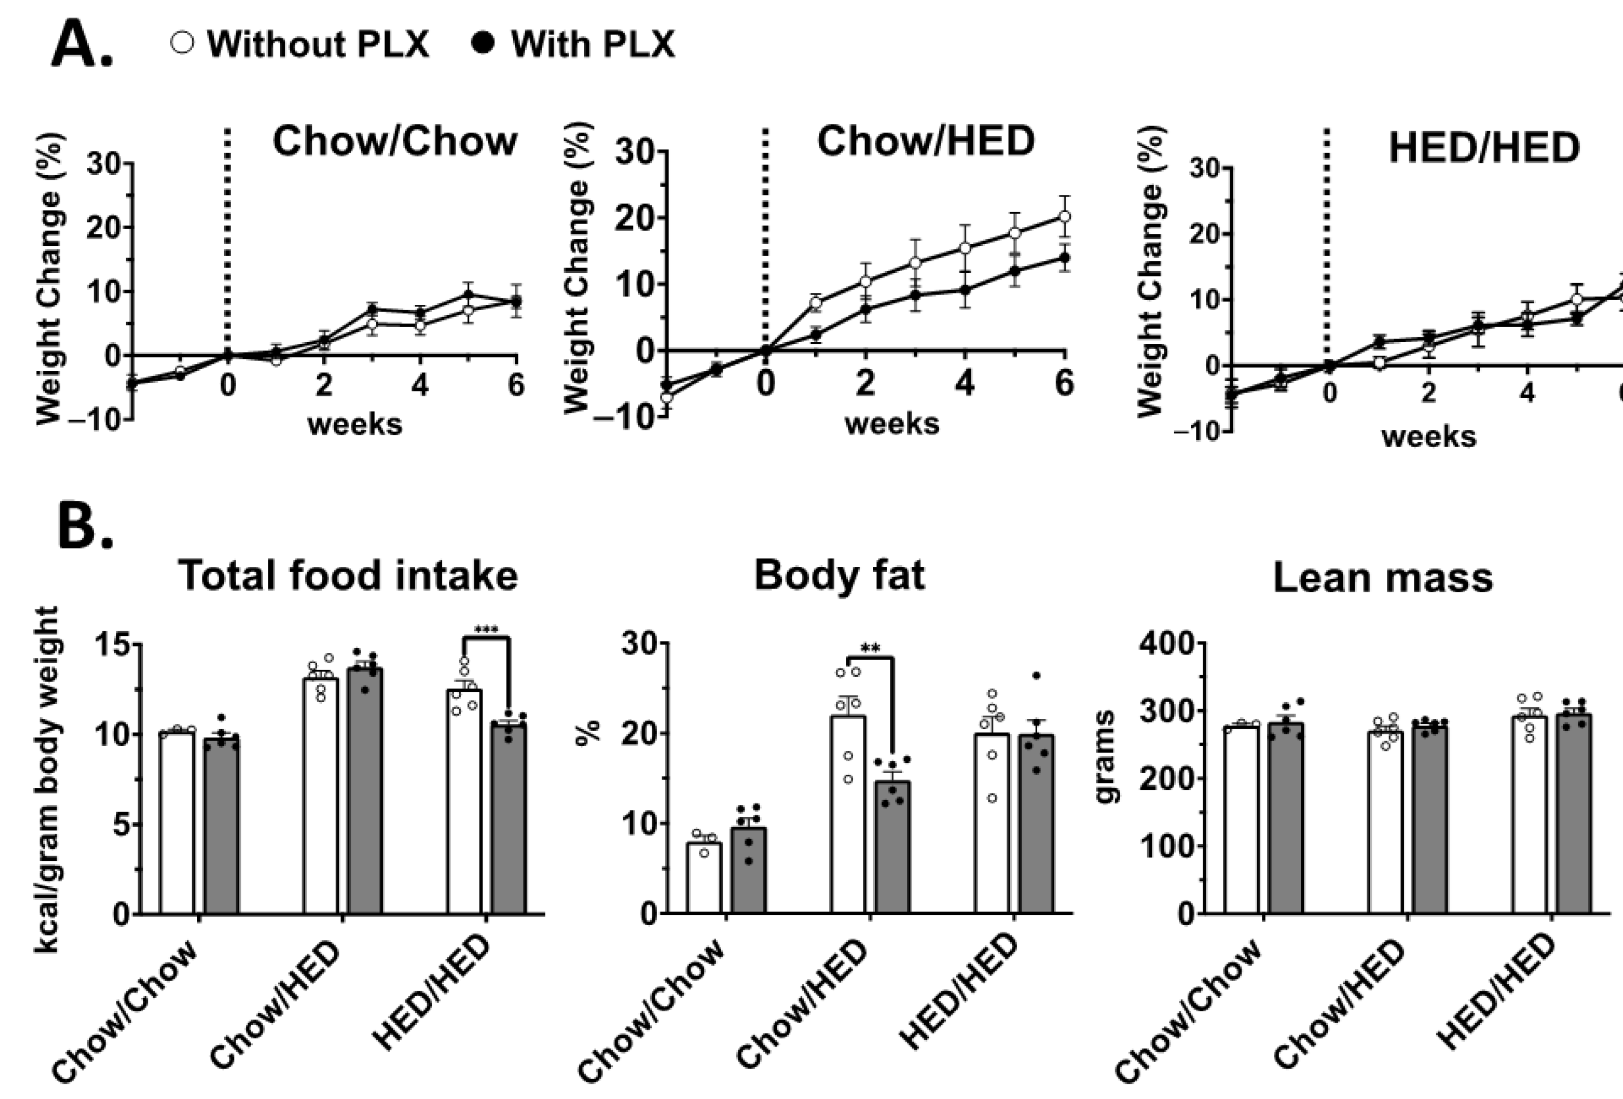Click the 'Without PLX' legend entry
(300, 44)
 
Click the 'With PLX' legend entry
(573, 44)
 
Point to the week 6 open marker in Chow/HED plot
(1064, 217)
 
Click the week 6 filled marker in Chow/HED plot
(1064, 258)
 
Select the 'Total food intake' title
(348, 576)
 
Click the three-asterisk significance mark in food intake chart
(486, 630)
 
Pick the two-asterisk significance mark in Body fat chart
(870, 649)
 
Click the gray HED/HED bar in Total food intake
(508, 820)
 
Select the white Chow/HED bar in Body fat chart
(848, 817)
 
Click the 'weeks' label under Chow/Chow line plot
(355, 424)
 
